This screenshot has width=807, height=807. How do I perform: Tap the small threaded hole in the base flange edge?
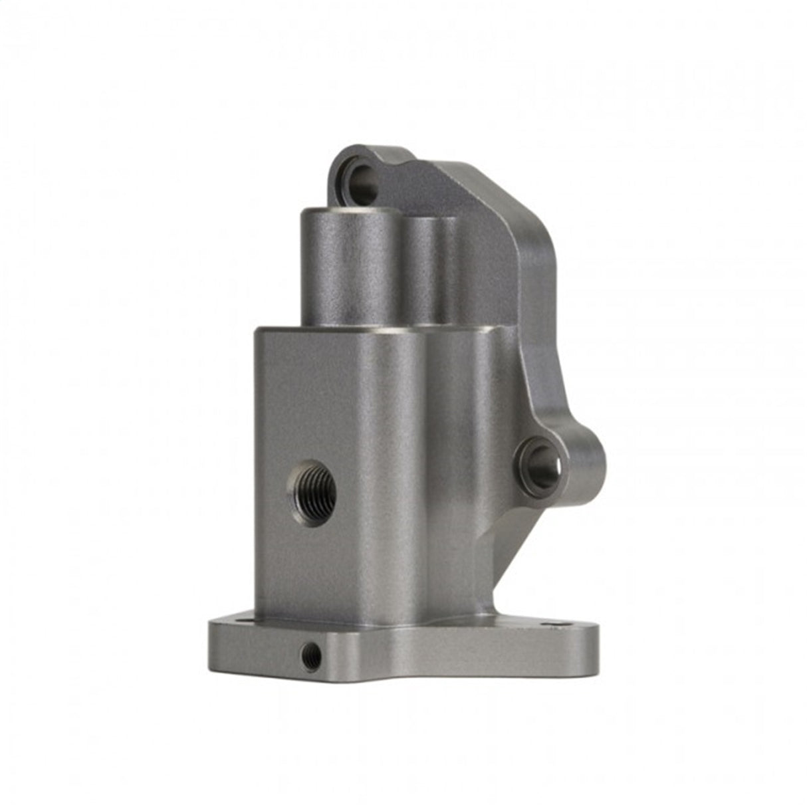tap(310, 657)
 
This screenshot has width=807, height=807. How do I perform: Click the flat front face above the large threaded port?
tap(312, 399)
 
